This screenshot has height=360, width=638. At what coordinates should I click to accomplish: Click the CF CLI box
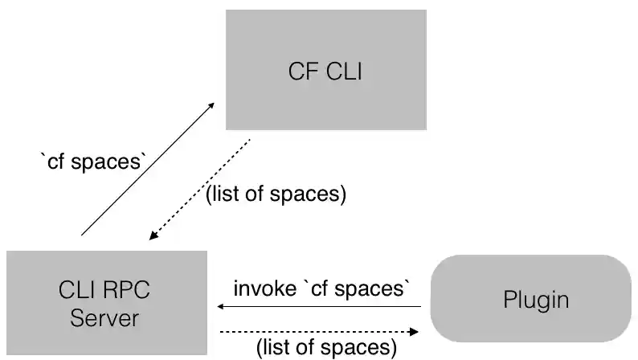coord(325,70)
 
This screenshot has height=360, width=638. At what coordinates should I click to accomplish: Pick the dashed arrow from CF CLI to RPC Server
coord(201,189)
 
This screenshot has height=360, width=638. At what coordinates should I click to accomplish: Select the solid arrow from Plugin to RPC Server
coord(321,306)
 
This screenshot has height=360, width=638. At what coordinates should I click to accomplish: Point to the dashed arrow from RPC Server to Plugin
coord(321,330)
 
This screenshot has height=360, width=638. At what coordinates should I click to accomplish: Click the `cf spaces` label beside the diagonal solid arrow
coord(92,162)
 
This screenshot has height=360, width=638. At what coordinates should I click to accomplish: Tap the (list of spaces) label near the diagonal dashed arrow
coord(276,194)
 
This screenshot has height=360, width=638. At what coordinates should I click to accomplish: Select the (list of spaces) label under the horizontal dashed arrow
coord(326,347)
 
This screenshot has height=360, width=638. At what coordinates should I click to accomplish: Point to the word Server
coord(104,317)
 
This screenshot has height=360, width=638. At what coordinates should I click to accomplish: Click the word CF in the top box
coord(301,71)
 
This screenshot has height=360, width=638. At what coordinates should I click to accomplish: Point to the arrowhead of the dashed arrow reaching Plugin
coord(417,330)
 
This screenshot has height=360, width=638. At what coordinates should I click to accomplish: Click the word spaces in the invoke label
coord(376,288)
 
